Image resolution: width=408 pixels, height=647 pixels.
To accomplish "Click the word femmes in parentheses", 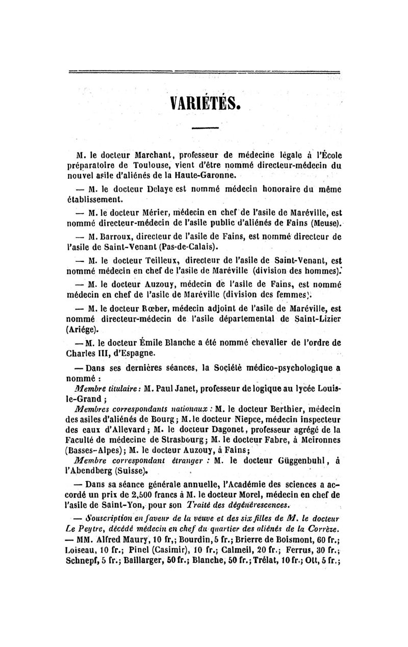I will [300, 294].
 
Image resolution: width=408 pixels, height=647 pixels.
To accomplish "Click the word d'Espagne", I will [126, 353].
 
